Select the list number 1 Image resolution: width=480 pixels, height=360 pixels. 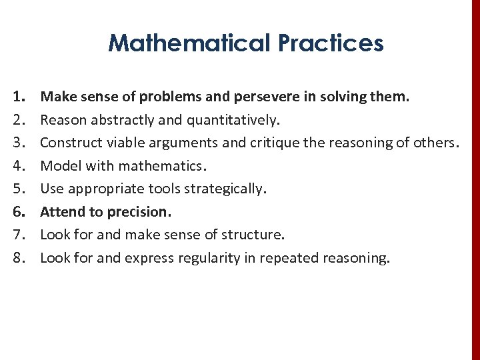point(19,97)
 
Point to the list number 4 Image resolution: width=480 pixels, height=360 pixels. point(19,166)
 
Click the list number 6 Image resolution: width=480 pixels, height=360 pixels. point(19,212)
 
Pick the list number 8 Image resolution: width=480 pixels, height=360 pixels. point(19,258)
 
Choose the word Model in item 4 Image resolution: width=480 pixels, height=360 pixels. point(59,166)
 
